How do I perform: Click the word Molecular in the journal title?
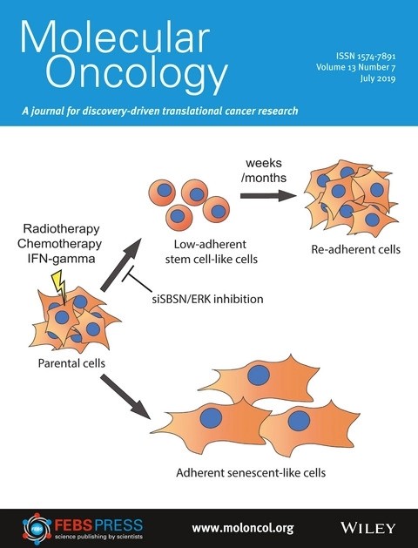[x=115, y=37]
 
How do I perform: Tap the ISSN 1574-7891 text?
[x=366, y=56]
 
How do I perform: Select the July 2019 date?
[x=378, y=78]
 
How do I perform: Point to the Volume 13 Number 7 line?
[x=356, y=67]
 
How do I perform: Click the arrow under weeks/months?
[x=268, y=195]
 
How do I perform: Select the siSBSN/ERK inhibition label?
[x=208, y=299]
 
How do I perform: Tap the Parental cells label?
[x=71, y=363]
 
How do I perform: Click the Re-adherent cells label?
[x=356, y=249]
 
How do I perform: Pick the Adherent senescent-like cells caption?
[x=251, y=473]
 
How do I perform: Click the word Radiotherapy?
[x=62, y=229]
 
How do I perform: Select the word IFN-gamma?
[x=61, y=259]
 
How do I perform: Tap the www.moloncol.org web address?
[x=243, y=528]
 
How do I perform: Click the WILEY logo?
[x=368, y=527]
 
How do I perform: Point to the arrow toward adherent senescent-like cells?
[x=125, y=397]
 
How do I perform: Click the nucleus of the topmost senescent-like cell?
[x=259, y=375]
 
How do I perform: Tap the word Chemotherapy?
[x=59, y=244]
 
